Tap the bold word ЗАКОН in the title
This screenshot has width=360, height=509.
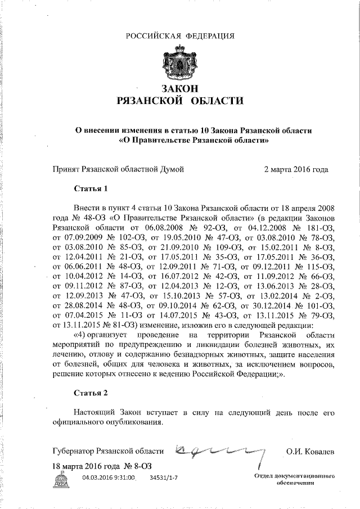pyautogui.click(x=179, y=89)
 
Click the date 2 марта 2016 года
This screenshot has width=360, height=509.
pyautogui.click(x=296, y=168)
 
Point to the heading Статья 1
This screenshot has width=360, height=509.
pyautogui.click(x=90, y=187)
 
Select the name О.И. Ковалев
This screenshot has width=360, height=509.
pyautogui.click(x=310, y=451)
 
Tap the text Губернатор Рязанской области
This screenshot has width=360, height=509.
pyautogui.click(x=107, y=451)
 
